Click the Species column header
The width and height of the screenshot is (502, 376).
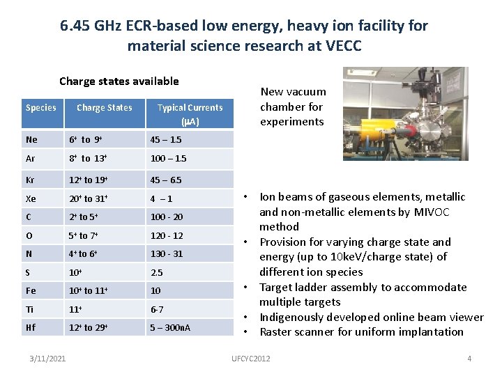tap(41, 107)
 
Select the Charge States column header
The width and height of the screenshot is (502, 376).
tap(104, 107)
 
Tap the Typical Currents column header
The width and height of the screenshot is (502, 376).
tap(190, 114)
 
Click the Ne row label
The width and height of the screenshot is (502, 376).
tap(31, 139)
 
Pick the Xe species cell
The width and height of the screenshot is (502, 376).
tap(31, 198)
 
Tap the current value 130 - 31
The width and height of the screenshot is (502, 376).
tap(167, 253)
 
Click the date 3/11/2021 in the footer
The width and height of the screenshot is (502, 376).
tap(49, 358)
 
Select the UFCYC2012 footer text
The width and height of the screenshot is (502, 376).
tap(250, 358)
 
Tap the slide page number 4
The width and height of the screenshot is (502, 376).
tap(469, 358)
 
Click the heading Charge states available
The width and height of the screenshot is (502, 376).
tap(119, 81)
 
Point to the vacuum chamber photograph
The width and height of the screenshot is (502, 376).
tap(405, 113)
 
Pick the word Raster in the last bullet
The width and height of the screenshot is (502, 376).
tap(277, 331)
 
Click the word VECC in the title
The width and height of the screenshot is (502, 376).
tap(342, 47)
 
